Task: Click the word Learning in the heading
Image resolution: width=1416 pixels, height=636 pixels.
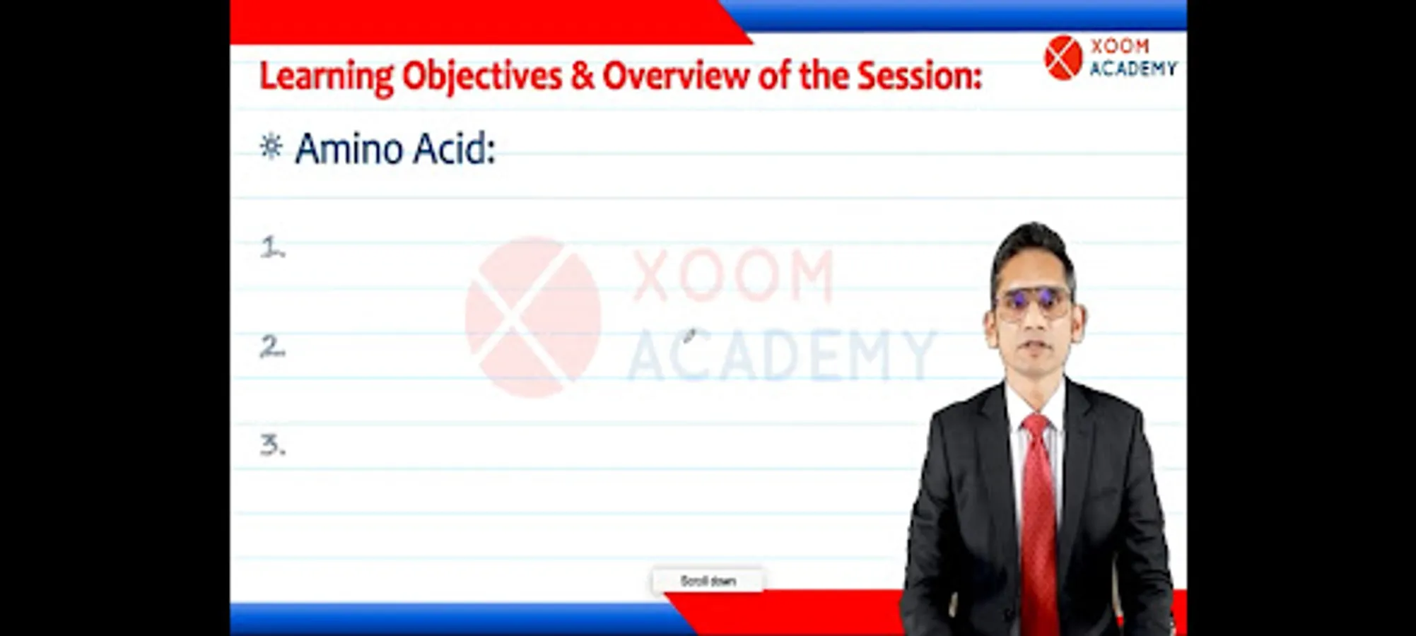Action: pos(327,77)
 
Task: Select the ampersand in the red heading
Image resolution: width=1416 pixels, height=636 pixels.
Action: pos(583,76)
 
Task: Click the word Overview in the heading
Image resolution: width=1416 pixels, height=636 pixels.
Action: pos(676,76)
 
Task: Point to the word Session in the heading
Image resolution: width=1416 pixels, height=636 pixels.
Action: pos(920,76)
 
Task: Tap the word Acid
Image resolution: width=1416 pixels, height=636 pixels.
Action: pos(454,149)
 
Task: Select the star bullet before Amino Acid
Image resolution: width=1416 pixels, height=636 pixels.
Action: pos(271,147)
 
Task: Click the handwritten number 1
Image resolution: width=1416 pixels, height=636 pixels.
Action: pos(272,247)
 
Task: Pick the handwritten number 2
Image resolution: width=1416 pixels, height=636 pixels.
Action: pos(273,346)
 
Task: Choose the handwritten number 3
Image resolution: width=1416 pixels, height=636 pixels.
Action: pos(273,445)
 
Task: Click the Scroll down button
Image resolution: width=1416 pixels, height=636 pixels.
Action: pos(708,581)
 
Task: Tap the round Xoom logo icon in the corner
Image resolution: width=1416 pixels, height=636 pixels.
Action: pos(1063,57)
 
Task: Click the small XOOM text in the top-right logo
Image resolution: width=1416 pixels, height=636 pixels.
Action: pos(1120,47)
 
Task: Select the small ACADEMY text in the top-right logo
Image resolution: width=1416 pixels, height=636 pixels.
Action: pos(1133,69)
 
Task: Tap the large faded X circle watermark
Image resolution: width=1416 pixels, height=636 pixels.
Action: pos(533,317)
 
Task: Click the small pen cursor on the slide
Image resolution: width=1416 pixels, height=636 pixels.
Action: pos(689,335)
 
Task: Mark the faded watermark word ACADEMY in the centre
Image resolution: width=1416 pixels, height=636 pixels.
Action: pos(781,355)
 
